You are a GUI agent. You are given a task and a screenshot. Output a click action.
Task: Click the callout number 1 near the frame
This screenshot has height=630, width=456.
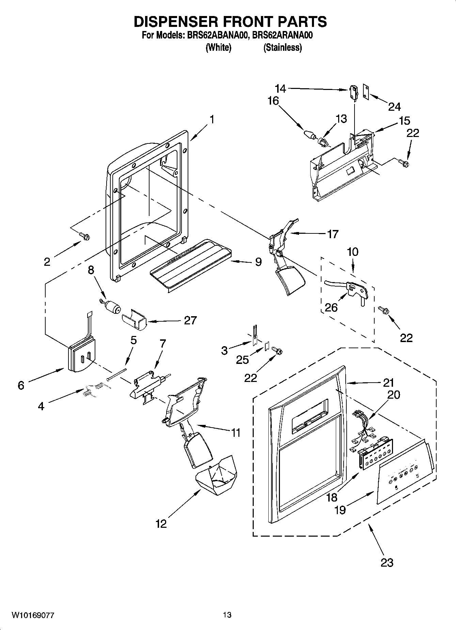pyautogui.click(x=212, y=120)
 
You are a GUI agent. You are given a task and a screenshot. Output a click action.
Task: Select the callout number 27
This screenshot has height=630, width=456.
pyautogui.click(x=190, y=320)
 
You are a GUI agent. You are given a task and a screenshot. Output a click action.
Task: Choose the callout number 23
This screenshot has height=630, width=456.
pyautogui.click(x=387, y=562)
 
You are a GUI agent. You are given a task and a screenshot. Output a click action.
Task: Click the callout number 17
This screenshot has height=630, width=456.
pyautogui.click(x=332, y=234)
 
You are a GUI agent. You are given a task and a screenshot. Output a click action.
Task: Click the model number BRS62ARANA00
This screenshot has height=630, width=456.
pyautogui.click(x=282, y=35)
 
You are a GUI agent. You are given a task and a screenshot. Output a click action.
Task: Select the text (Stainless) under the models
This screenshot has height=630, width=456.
pyautogui.click(x=282, y=48)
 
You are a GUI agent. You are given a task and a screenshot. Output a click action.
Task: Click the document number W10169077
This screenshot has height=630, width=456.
pyautogui.click(x=33, y=615)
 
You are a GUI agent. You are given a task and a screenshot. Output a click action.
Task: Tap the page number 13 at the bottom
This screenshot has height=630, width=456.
pyautogui.click(x=227, y=615)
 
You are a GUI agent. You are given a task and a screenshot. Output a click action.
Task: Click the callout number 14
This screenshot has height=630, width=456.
pyautogui.click(x=281, y=89)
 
